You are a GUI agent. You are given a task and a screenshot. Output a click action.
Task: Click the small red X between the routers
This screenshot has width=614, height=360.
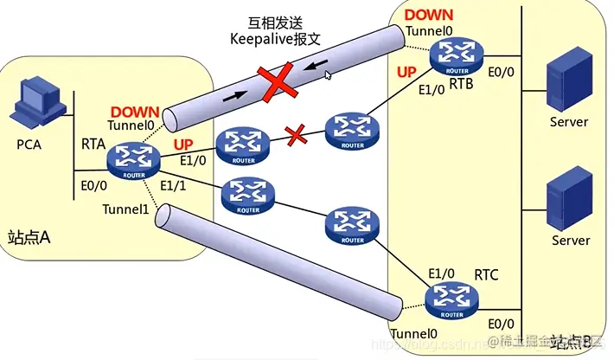(x=297, y=135)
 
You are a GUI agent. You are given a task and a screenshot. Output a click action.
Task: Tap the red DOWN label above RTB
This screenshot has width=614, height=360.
(x=429, y=16)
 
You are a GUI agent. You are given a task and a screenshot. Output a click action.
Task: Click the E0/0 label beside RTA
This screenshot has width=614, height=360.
(x=93, y=185)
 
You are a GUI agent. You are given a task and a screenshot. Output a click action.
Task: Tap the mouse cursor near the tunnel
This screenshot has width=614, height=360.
(x=328, y=75)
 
